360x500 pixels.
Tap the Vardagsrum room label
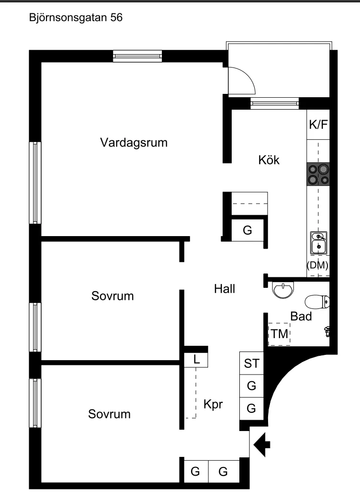pos(134,143)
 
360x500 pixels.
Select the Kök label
pos(268,160)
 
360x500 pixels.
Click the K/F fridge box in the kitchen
pos(318,125)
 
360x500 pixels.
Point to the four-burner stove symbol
pos(318,174)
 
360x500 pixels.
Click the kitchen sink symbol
pos(318,242)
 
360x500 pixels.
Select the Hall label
pos(225,289)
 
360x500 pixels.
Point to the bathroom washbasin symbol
pos(283,289)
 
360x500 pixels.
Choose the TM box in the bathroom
pos(279,334)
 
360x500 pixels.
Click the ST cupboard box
pos(251,364)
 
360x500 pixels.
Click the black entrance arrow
pos(262,445)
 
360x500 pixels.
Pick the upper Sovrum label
pos(112,296)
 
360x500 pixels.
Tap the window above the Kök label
pos(274,103)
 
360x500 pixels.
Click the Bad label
pos(301,316)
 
